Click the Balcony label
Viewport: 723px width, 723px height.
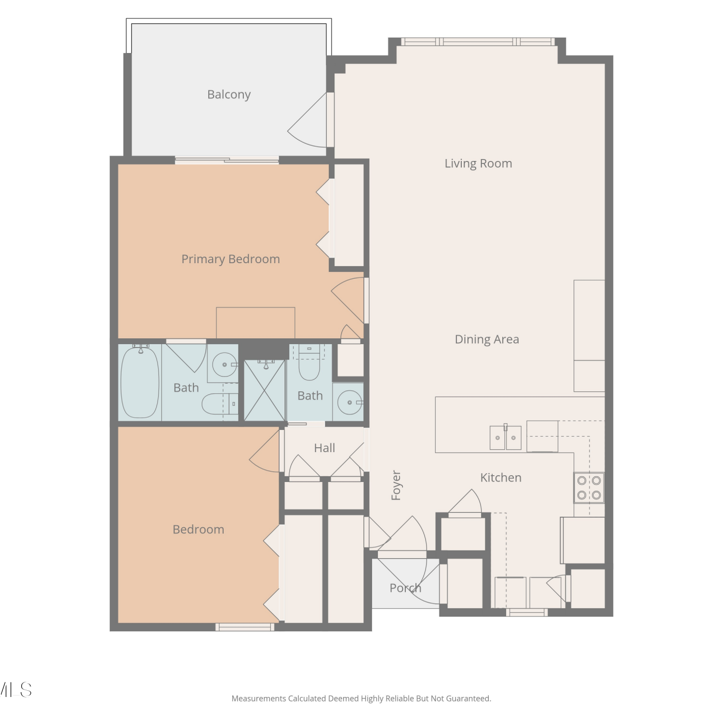(229, 94)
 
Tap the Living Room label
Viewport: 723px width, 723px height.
(478, 163)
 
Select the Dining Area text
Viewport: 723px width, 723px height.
(487, 339)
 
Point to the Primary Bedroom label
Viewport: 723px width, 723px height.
(230, 259)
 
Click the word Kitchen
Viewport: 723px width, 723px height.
(501, 478)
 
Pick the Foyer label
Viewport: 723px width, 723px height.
(396, 485)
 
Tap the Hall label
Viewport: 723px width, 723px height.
(324, 448)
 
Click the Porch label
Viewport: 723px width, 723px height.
(405, 588)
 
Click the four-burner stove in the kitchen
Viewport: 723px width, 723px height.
(589, 488)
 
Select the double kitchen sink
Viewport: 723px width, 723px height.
(506, 437)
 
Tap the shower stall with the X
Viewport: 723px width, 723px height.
(265, 390)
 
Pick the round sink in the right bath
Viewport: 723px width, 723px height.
(350, 402)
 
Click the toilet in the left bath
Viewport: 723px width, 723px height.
(220, 404)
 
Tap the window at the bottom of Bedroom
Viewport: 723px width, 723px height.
(245, 627)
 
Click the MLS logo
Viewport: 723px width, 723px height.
(16, 690)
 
